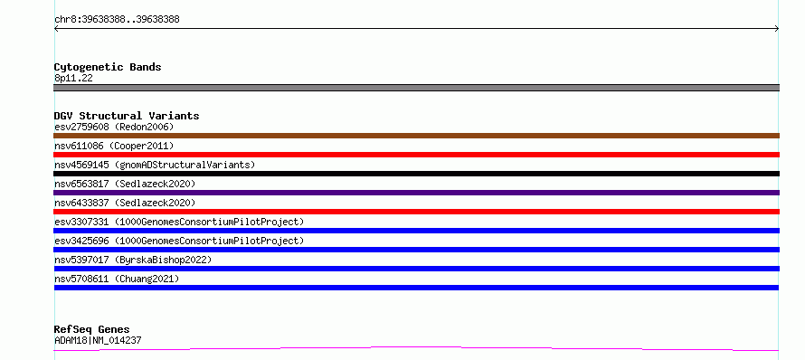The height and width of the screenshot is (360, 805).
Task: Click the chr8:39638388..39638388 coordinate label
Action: tap(117, 20)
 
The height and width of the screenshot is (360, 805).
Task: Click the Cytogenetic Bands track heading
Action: tap(108, 67)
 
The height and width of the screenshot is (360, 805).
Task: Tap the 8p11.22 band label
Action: tap(73, 79)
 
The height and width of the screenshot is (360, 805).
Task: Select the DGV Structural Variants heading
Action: tap(127, 116)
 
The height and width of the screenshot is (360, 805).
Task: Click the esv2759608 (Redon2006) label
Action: tap(114, 127)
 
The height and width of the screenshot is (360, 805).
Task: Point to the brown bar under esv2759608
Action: tap(416, 136)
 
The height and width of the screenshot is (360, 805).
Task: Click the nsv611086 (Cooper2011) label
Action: tap(114, 147)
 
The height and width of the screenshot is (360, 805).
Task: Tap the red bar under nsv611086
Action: tap(416, 155)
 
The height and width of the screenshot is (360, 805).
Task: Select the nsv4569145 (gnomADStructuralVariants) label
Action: tap(155, 166)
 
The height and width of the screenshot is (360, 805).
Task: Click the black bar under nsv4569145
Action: tap(416, 174)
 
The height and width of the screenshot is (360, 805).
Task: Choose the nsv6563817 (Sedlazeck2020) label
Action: tap(125, 184)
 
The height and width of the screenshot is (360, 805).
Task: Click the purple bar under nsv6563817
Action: tap(416, 193)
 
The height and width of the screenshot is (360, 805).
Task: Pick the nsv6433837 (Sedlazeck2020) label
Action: tap(125, 203)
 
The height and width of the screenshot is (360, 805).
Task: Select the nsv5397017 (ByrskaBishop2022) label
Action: tap(133, 260)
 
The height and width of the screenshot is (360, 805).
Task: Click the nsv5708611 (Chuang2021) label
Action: tap(117, 279)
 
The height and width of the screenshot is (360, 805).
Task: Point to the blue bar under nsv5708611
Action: tap(416, 288)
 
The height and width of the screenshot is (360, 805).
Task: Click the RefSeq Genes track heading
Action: tap(92, 329)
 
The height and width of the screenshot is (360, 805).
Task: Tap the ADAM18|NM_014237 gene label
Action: tap(98, 340)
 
